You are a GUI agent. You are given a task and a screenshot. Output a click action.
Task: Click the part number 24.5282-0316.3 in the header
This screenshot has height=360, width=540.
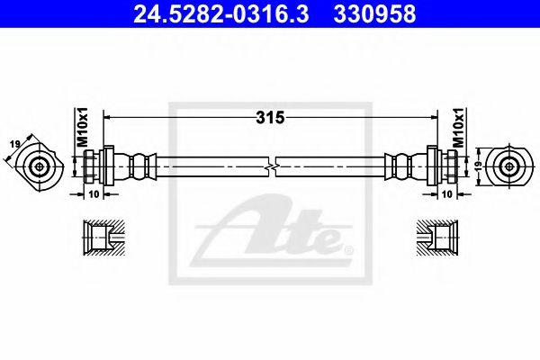pyautogui.click(x=221, y=13)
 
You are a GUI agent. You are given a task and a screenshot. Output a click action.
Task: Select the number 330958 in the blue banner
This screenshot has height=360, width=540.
pyautogui.click(x=374, y=13)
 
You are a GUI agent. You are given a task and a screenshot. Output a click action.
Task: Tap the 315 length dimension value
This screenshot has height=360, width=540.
pyautogui.click(x=270, y=118)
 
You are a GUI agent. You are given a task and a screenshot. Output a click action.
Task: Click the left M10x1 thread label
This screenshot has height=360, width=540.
pyautogui.click(x=83, y=127)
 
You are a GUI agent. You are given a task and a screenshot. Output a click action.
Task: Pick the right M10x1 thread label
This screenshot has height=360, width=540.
pyautogui.click(x=459, y=127)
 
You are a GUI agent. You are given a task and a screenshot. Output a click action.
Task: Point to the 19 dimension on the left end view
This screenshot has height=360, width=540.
pyautogui.click(x=15, y=144)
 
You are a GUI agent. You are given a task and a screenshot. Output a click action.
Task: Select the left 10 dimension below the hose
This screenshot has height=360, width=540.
pyautogui.click(x=94, y=194)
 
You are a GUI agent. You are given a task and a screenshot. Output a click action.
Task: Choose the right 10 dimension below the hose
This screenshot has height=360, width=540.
pyautogui.click(x=446, y=194)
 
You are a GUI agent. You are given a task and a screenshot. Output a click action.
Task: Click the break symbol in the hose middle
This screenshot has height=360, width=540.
pyautogui.click(x=272, y=167)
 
